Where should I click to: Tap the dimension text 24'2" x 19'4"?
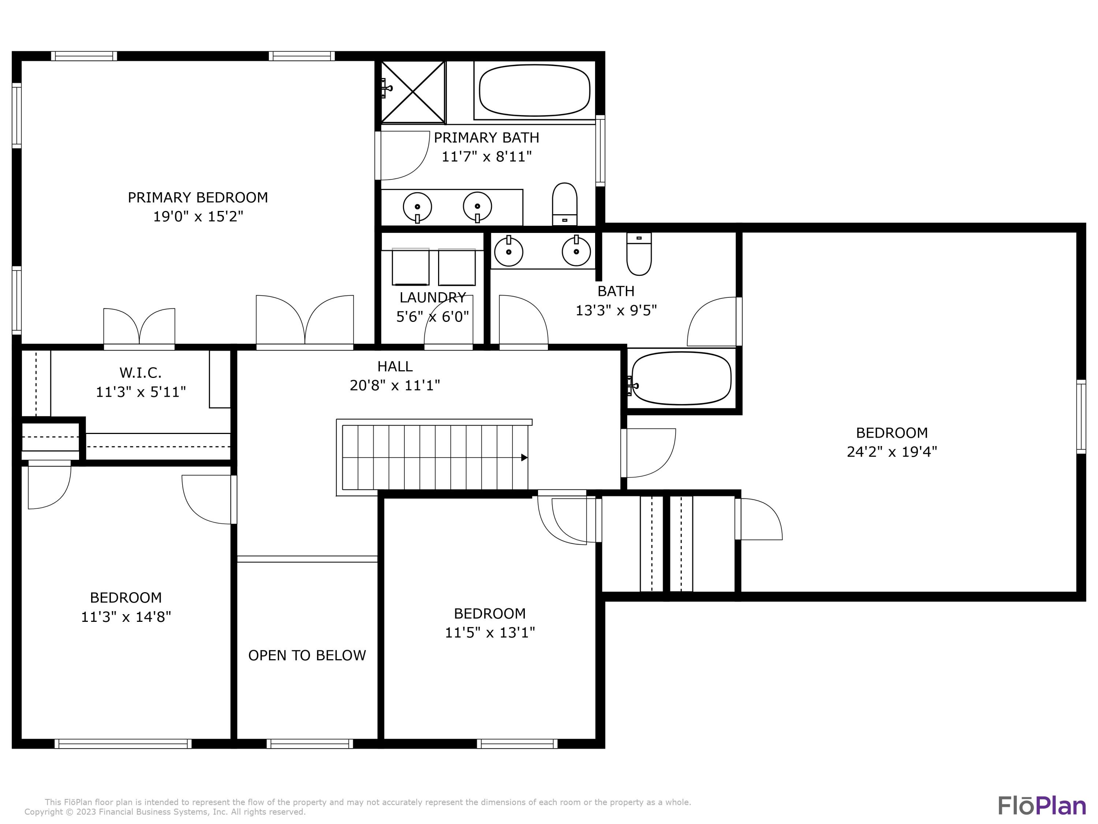(892, 452)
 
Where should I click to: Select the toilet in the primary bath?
(564, 204)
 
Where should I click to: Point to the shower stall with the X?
(412, 92)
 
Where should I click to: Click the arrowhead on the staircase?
(524, 457)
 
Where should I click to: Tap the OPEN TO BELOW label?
(307, 655)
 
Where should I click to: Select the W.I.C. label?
(141, 372)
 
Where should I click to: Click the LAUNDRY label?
(432, 297)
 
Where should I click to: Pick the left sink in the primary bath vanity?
(417, 206)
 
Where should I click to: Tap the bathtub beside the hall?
(681, 378)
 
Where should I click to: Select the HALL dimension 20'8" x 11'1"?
(395, 385)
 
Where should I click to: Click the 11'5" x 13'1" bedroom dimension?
(489, 632)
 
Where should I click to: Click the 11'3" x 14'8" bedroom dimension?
(126, 616)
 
